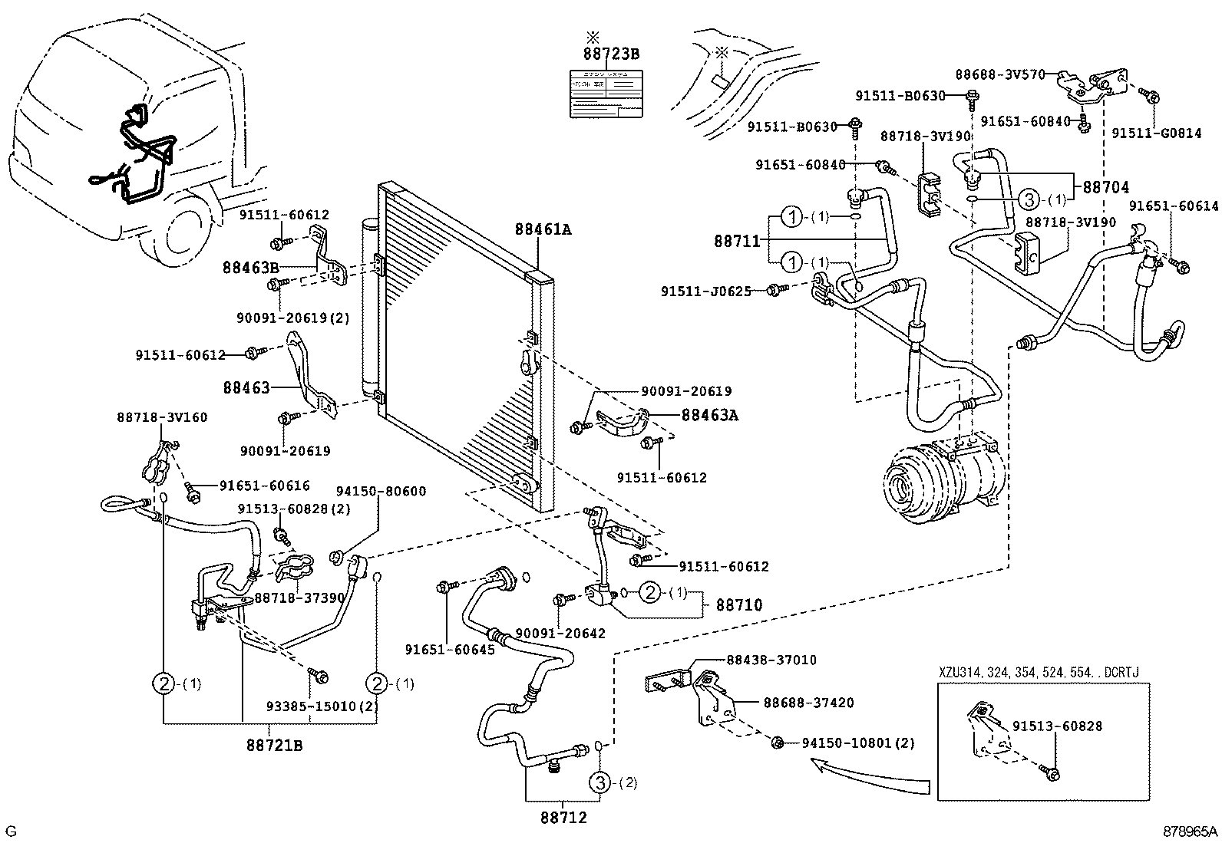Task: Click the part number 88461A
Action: point(543,229)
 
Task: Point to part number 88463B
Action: point(250,268)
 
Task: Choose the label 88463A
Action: point(710,415)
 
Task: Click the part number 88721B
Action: point(274,744)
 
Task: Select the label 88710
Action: point(739,605)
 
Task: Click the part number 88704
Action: point(1106,187)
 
